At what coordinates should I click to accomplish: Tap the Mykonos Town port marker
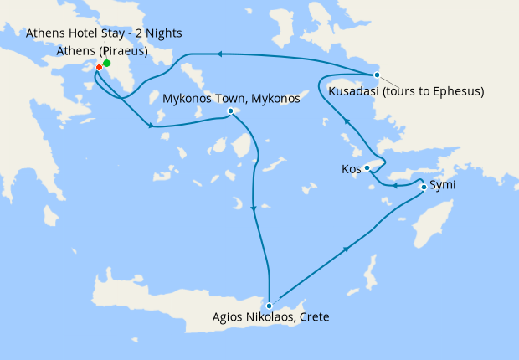230,111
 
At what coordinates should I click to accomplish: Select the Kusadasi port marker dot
377,75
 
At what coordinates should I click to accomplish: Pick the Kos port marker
367,168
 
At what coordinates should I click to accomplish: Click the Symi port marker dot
424,187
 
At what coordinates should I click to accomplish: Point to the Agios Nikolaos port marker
269,306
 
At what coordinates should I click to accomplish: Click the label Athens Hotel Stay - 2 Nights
104,33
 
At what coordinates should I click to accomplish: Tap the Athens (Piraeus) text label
102,51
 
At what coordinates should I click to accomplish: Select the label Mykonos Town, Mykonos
231,99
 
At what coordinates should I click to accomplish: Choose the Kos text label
351,168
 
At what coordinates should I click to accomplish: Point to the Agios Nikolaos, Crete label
270,317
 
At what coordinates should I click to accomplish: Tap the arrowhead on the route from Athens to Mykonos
151,126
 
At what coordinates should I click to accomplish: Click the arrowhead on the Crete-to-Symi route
347,248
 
